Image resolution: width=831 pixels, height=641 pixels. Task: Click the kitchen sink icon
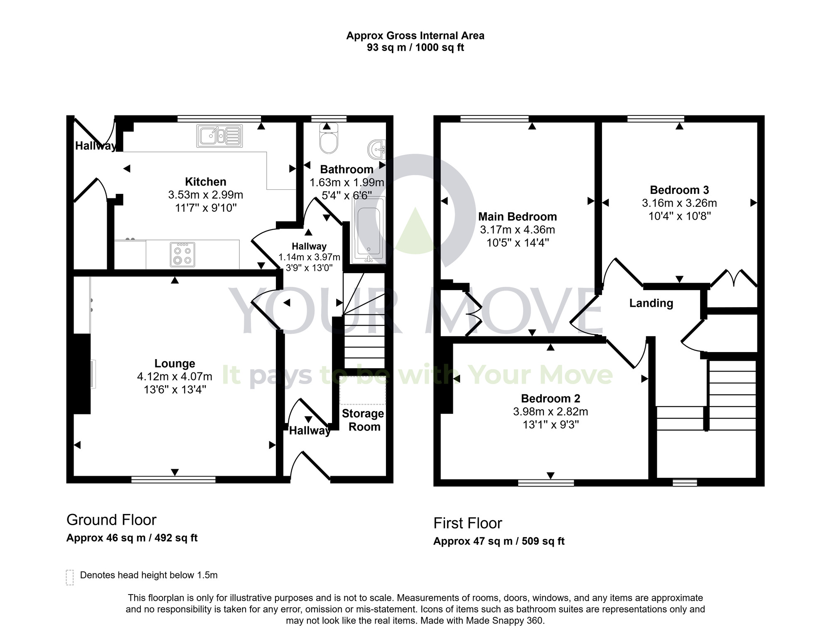tap(219, 136)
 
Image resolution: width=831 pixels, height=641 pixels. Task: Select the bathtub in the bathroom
tap(369, 230)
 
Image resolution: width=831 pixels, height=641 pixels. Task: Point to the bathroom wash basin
tap(377, 149)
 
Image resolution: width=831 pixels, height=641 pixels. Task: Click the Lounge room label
tap(175, 364)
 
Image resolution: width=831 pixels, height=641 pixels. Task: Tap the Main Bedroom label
tap(517, 217)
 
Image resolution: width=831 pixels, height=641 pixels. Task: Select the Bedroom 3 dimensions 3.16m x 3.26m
tap(679, 203)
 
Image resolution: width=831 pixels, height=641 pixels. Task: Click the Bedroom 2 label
tap(550, 399)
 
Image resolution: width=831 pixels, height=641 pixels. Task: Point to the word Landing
tap(651, 303)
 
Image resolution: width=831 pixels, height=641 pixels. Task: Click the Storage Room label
tap(363, 420)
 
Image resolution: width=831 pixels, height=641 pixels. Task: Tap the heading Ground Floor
tap(111, 520)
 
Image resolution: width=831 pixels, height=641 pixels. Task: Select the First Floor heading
tap(467, 523)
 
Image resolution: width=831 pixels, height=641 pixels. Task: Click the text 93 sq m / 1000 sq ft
tap(415, 47)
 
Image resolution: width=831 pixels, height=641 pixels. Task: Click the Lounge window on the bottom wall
tap(173, 480)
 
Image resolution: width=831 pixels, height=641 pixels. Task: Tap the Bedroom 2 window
tap(546, 483)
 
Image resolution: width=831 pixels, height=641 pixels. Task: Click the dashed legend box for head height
tap(70, 577)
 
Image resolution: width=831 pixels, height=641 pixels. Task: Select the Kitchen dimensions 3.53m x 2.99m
tap(206, 195)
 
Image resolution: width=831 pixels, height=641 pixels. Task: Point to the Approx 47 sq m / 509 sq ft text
tap(499, 541)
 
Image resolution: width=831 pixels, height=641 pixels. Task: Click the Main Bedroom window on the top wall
tap(494, 118)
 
